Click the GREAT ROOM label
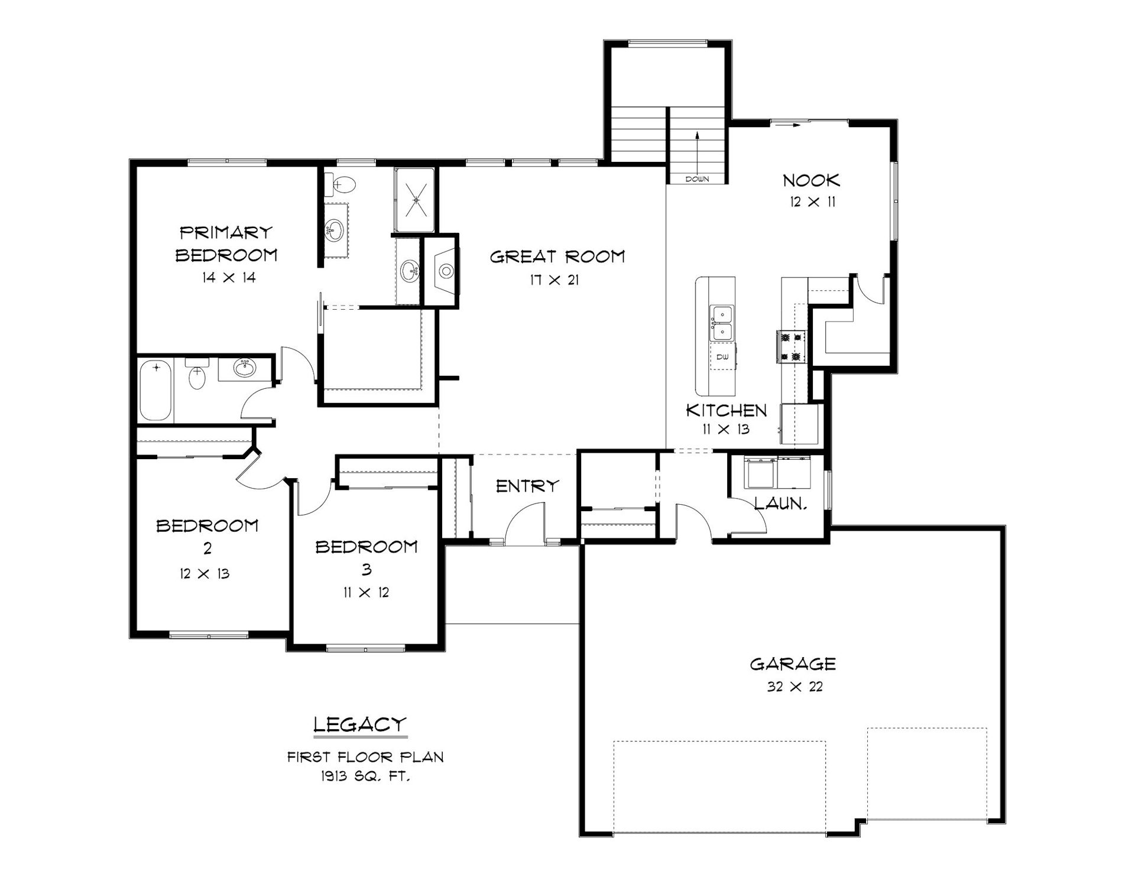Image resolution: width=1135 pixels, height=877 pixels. tap(557, 256)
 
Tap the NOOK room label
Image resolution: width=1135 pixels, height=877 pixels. tap(811, 180)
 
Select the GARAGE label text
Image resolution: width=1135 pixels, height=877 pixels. tap(793, 664)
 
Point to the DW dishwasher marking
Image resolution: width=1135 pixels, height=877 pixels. tap(722, 357)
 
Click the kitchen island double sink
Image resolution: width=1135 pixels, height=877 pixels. tap(722, 323)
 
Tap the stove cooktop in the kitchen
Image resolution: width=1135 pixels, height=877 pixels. tap(791, 346)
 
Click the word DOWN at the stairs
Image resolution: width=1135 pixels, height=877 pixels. tap(697, 179)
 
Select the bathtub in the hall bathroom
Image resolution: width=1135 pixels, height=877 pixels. tap(157, 391)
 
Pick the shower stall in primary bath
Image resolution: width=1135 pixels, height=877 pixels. tap(414, 200)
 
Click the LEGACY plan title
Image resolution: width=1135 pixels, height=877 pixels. tap(360, 724)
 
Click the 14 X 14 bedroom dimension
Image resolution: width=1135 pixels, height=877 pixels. tap(228, 277)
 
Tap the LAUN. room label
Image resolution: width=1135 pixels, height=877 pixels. tap(781, 504)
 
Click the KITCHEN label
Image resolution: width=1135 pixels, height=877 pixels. tap(727, 410)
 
